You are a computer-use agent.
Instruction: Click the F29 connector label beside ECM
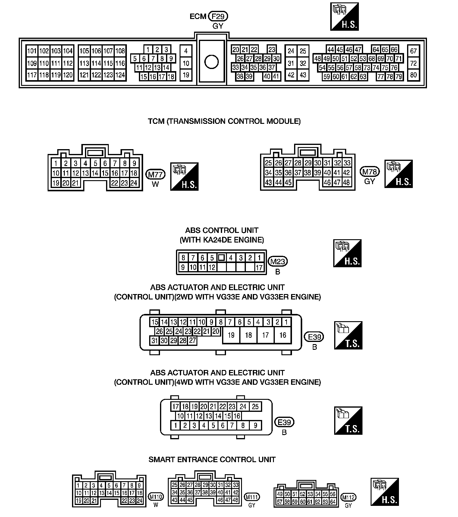218,16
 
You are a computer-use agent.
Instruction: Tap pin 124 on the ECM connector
120,75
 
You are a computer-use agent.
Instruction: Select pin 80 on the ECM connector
413,74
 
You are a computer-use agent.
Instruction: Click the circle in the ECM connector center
211,62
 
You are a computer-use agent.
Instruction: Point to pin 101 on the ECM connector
32,51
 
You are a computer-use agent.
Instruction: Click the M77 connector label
155,174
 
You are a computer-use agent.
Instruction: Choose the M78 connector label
370,172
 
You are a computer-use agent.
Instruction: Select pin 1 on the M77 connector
56,163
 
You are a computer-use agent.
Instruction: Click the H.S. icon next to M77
184,177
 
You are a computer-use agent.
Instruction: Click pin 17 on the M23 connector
259,267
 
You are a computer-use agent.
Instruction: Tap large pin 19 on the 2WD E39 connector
231,335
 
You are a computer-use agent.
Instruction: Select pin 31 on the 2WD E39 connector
155,341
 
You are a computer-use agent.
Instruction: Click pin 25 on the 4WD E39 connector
255,406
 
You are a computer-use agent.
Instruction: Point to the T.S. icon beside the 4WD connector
348,421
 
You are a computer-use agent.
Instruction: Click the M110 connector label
156,497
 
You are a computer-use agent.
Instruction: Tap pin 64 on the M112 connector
333,502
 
